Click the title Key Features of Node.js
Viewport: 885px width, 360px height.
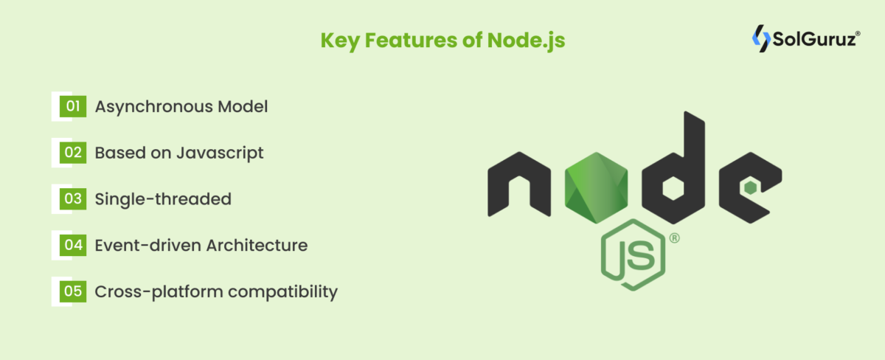click(x=442, y=39)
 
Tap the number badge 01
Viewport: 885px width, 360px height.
click(x=73, y=106)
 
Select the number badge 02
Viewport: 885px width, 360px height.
click(x=73, y=153)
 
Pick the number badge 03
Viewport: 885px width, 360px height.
click(x=73, y=198)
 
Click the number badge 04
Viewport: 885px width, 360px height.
click(x=73, y=245)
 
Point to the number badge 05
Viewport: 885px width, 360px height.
click(x=73, y=291)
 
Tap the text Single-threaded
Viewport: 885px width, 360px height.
click(x=163, y=199)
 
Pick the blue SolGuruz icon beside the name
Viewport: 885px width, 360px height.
click(x=760, y=38)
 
